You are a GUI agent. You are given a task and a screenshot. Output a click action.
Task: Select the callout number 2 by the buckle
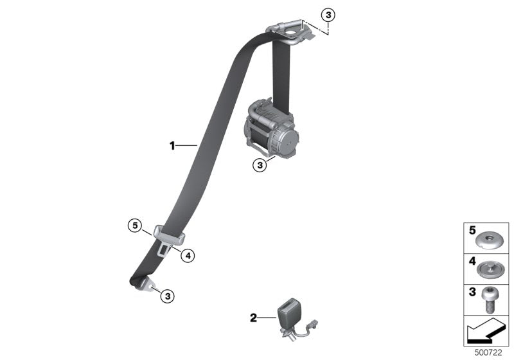pos(253,317)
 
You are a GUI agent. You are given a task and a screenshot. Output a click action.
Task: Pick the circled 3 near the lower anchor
pos(167,296)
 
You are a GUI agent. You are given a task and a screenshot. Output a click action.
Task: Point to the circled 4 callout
pos(187,255)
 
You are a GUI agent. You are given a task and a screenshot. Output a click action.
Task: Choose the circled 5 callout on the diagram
pos(134,225)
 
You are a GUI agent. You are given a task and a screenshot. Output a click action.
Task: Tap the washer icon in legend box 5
pos(490,240)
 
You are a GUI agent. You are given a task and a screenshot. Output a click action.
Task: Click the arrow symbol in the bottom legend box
pos(485,333)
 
